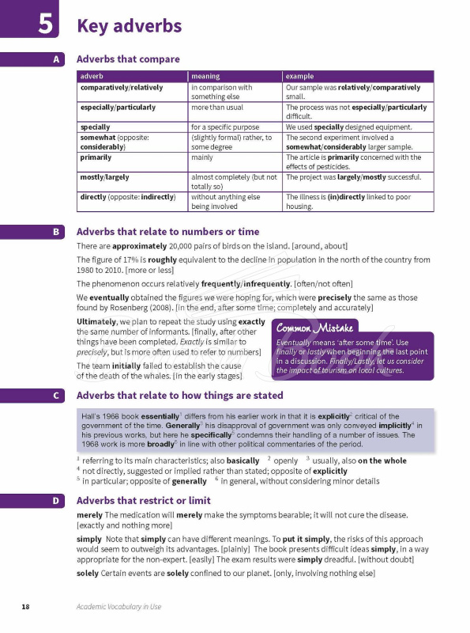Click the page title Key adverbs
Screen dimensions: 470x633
129,26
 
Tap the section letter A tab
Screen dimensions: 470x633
57,59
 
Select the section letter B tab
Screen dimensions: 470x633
57,233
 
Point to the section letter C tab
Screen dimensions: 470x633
57,396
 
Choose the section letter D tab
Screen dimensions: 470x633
57,501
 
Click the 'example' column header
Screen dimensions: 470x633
300,76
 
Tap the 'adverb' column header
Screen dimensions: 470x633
92,76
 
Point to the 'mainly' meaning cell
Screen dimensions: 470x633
201,157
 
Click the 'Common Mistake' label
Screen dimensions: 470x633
315,327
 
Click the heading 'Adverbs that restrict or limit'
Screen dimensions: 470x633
143,501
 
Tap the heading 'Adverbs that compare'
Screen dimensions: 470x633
127,59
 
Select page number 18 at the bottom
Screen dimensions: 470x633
25,607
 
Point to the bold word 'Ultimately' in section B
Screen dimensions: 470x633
96,322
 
